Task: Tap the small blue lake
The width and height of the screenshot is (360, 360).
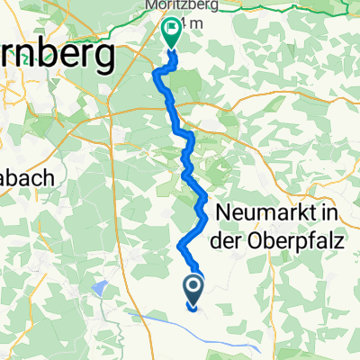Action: point(99,288)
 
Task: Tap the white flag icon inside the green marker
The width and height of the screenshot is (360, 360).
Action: point(170,31)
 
